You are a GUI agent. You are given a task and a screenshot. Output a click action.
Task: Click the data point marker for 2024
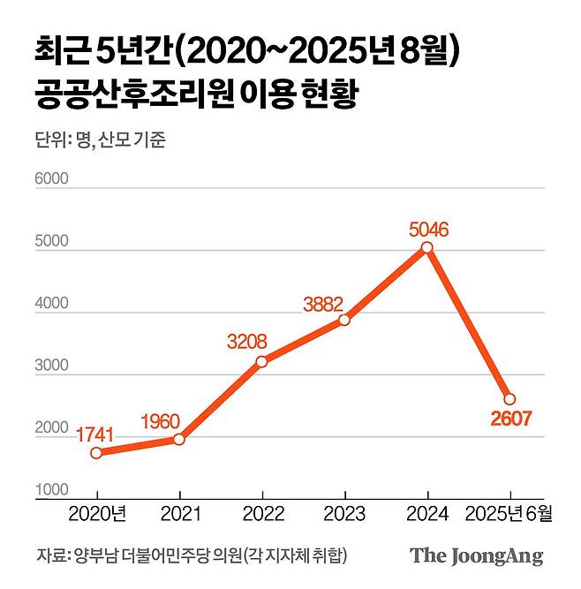click(x=427, y=248)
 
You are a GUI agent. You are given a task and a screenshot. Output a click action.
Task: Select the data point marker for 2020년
click(x=96, y=452)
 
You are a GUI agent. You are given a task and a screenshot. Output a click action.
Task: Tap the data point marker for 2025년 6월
click(x=509, y=399)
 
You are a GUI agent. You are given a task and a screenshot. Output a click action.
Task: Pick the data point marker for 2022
click(x=261, y=361)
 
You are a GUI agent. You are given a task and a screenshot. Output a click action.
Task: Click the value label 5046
click(x=429, y=230)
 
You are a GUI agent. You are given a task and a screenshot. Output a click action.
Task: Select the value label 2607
click(x=509, y=419)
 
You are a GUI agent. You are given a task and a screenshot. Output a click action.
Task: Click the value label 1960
click(x=162, y=420)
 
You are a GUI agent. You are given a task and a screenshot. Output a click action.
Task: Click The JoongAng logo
click(x=476, y=556)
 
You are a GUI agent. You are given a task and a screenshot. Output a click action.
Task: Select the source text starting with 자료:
click(x=191, y=556)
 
